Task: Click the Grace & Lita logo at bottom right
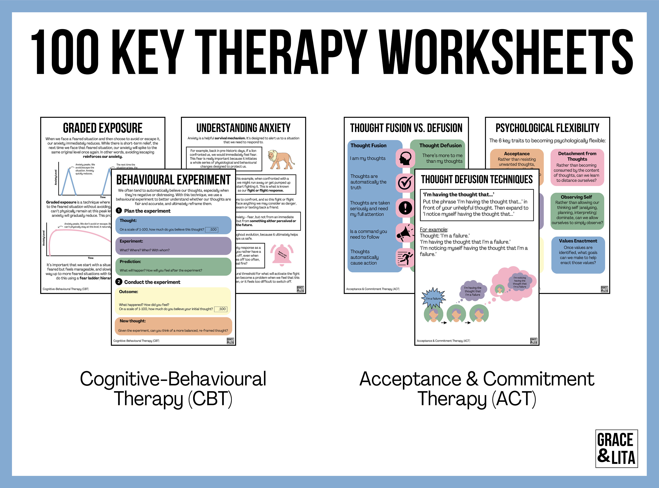(616, 448)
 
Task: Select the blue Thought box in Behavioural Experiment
(173, 225)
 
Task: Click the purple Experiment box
(173, 246)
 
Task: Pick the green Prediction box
(173, 266)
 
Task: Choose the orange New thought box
(173, 326)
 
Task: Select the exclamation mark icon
(405, 208)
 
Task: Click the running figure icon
(405, 258)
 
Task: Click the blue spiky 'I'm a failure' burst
(433, 298)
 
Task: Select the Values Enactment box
(578, 255)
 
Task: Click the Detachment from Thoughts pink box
(577, 167)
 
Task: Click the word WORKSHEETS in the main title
(506, 52)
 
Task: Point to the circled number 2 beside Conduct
(119, 282)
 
